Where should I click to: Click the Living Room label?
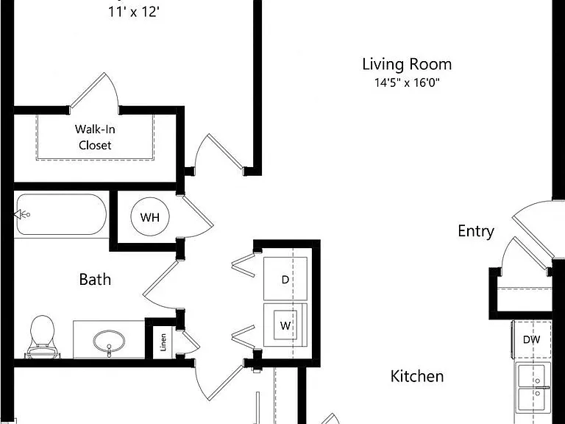(407, 65)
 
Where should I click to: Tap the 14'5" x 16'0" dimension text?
(407, 83)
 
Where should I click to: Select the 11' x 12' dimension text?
(134, 12)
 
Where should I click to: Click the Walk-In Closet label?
(95, 137)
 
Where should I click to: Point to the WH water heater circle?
(150, 217)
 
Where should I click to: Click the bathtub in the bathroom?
(62, 215)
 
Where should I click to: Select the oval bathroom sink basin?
(109, 341)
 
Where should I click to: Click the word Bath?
(95, 280)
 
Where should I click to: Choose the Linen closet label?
(163, 342)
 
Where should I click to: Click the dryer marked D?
(285, 279)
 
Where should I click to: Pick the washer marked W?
(285, 325)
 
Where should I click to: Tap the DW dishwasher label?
(531, 339)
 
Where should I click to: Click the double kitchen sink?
(534, 388)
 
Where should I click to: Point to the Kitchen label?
(417, 376)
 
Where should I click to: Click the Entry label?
(476, 231)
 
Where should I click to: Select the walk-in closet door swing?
(94, 90)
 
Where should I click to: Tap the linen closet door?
(191, 342)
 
